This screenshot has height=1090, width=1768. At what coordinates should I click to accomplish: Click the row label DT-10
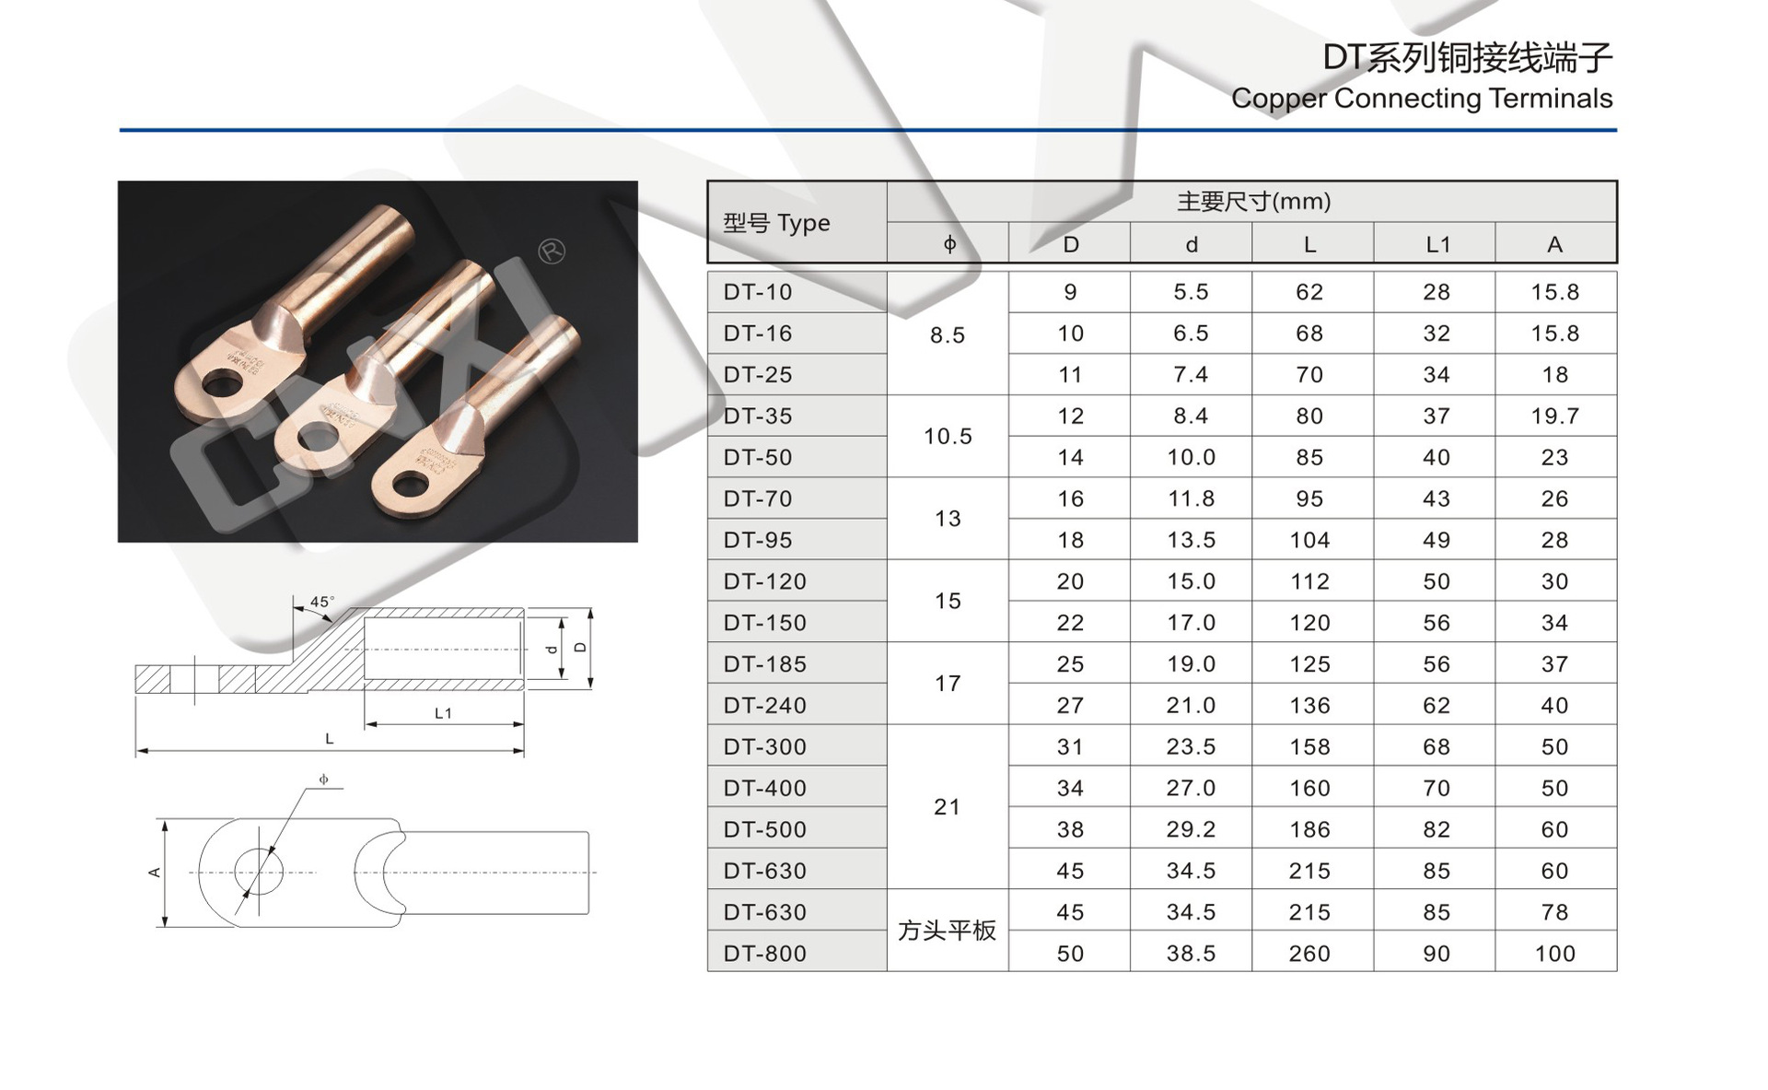point(757,292)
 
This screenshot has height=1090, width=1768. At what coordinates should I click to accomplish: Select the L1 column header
point(1436,244)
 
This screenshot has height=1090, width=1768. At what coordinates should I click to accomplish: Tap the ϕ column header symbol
point(949,244)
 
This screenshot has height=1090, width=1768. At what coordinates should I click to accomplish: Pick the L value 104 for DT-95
point(1309,540)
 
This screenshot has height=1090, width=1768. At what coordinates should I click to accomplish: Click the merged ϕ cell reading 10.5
point(948,436)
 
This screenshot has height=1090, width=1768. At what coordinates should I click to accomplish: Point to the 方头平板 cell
point(947,931)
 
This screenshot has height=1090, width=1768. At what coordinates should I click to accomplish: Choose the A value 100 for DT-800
point(1554,954)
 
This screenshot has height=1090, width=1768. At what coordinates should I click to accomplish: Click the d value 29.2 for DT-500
point(1191,829)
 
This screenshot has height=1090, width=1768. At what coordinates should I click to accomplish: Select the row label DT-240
point(764,706)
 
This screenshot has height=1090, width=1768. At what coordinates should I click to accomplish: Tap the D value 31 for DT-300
point(1070,746)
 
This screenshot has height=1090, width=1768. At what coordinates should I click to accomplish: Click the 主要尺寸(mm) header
point(1253,202)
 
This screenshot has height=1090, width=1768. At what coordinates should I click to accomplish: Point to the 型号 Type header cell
point(776,223)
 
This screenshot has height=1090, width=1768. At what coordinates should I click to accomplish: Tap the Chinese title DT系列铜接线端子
point(1467,58)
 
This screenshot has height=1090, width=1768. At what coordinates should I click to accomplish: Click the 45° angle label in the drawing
point(321,602)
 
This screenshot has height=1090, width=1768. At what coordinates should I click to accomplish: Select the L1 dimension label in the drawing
point(443,713)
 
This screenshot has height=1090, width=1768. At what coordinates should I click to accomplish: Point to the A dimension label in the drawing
point(155,872)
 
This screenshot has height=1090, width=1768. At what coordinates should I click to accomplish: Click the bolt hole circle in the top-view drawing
point(259,872)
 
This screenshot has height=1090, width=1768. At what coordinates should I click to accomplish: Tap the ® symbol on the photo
point(552,251)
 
